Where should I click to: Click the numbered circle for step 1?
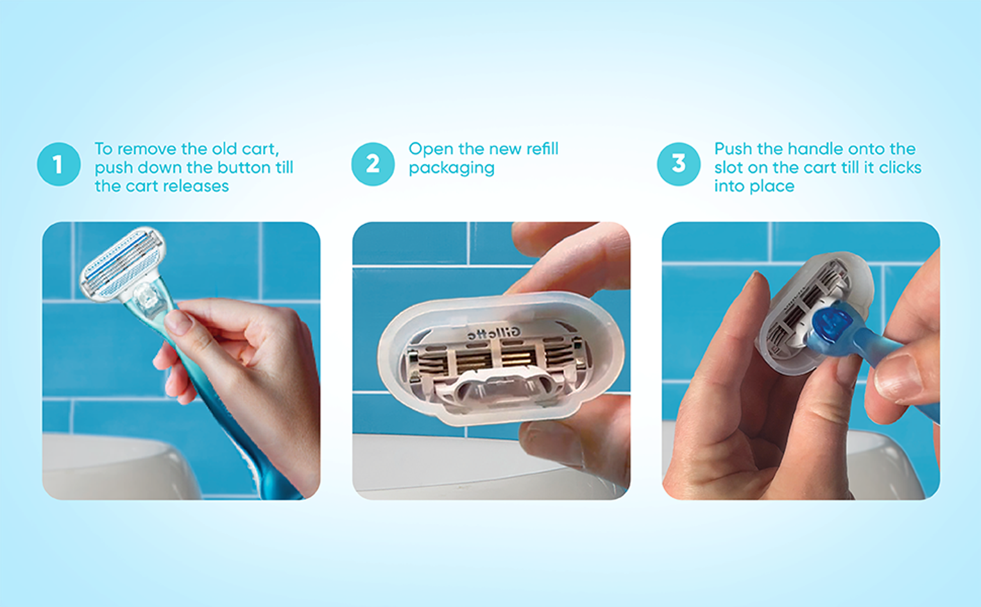58,164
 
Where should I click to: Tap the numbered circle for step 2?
373,164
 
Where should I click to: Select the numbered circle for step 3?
678,164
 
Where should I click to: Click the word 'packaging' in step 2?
452,168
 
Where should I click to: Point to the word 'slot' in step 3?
729,167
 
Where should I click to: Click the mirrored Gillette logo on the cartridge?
494,334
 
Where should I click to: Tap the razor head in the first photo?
123,264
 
